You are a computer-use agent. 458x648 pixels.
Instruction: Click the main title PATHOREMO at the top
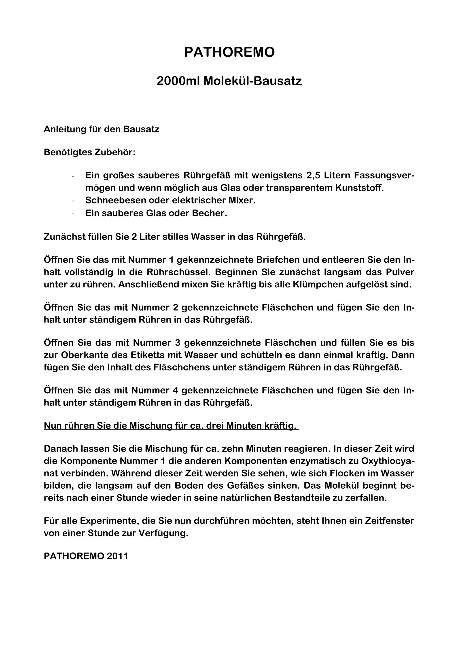point(229,52)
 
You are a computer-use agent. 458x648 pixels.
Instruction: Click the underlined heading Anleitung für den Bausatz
point(102,129)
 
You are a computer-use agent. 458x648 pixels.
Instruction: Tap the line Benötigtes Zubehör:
point(89,152)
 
